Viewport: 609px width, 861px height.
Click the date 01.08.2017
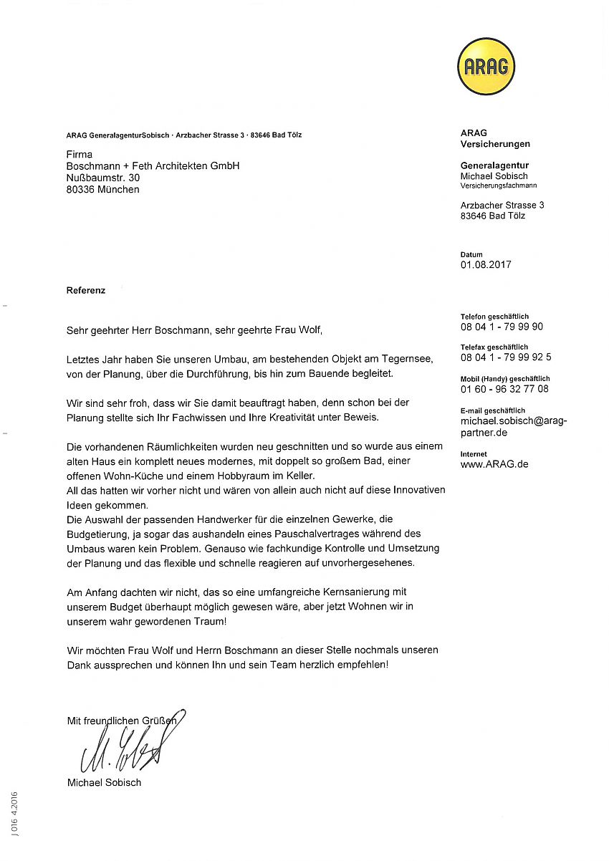tap(486, 264)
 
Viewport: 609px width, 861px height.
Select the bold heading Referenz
tap(86, 290)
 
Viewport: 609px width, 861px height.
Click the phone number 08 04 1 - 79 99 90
tap(502, 327)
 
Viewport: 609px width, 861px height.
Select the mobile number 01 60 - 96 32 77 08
tap(504, 389)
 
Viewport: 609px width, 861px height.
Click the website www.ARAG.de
tap(494, 463)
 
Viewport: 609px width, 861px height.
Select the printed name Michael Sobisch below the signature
tap(104, 782)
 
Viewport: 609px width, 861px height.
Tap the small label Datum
tap(471, 254)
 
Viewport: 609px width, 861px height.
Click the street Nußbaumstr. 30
tap(103, 177)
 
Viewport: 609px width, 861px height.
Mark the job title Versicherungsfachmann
tap(499, 186)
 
